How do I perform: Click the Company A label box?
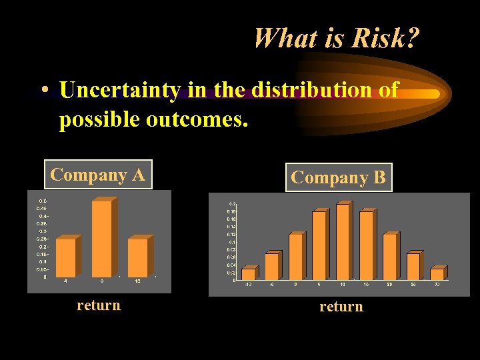click(98, 175)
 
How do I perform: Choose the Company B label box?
click(338, 178)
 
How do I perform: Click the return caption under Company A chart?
click(99, 305)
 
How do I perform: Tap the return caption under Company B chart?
click(341, 307)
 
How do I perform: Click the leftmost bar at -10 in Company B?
click(248, 274)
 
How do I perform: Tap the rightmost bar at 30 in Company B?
click(437, 274)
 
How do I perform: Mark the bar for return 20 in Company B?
click(389, 257)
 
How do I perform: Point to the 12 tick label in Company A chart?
click(137, 281)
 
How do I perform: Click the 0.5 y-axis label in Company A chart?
click(42, 201)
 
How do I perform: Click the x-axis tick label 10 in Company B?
click(342, 285)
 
